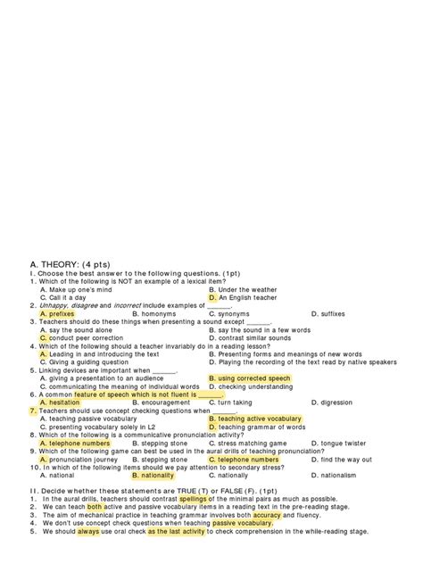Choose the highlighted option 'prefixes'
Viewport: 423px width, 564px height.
pyautogui.click(x=58, y=314)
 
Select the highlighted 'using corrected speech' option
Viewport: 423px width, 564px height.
pyautogui.click(x=260, y=378)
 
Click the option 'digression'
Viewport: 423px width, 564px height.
pyautogui.click(x=335, y=402)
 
